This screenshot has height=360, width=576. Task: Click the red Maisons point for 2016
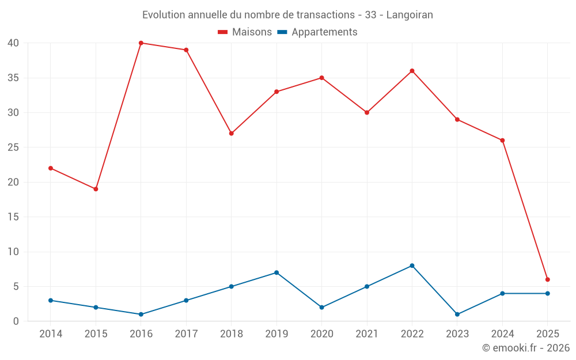pyautogui.click(x=141, y=43)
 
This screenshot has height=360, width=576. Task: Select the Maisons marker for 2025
pyautogui.click(x=548, y=279)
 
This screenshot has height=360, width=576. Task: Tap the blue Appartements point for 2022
pyautogui.click(x=412, y=266)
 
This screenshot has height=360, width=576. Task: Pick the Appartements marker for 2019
pyautogui.click(x=276, y=272)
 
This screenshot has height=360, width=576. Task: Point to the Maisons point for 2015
pyautogui.click(x=96, y=189)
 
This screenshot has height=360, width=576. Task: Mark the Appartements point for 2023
pyautogui.click(x=457, y=314)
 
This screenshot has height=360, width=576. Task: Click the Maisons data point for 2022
pyautogui.click(x=412, y=71)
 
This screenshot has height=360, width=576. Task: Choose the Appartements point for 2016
pyautogui.click(x=141, y=314)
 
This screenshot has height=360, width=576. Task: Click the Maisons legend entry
pyautogui.click(x=245, y=32)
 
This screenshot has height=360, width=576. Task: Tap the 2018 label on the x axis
pyautogui.click(x=231, y=334)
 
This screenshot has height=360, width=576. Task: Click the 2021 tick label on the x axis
pyautogui.click(x=367, y=334)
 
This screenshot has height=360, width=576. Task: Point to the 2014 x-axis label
pyautogui.click(x=51, y=334)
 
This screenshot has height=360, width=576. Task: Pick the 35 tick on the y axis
pyautogui.click(x=13, y=78)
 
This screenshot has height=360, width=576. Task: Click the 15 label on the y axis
pyautogui.click(x=13, y=217)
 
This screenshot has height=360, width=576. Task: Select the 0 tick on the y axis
pyautogui.click(x=16, y=321)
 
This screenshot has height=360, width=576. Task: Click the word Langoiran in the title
pyautogui.click(x=410, y=14)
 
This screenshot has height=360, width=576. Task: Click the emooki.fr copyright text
pyautogui.click(x=526, y=348)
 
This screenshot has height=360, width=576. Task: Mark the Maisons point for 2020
pyautogui.click(x=321, y=78)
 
